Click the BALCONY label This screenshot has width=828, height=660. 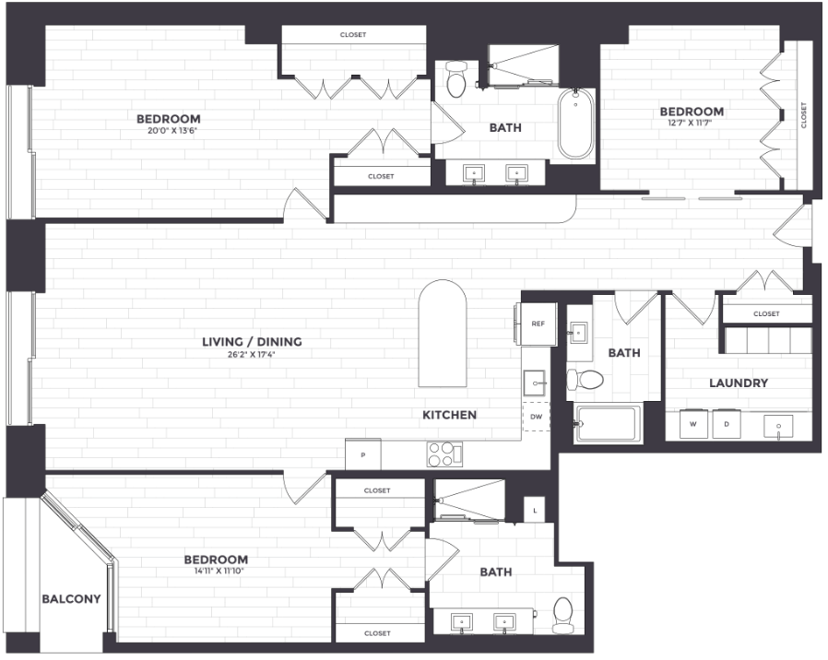click(x=71, y=599)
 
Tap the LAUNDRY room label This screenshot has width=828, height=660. click(x=738, y=383)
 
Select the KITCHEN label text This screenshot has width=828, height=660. click(x=449, y=415)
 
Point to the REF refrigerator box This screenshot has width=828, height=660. click(x=538, y=324)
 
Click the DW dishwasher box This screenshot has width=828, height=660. click(x=536, y=418)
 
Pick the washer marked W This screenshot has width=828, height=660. click(x=693, y=425)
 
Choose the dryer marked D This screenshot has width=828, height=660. click(x=726, y=425)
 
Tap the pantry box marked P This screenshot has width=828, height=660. click(x=362, y=454)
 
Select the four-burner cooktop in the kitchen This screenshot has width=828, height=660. click(x=444, y=454)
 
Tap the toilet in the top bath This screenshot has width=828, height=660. click(x=455, y=82)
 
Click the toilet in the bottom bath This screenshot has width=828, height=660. click(x=562, y=615)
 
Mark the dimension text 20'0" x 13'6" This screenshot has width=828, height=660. click(x=169, y=131)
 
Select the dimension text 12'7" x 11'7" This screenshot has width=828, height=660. click(x=691, y=124)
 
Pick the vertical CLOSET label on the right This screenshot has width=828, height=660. click(x=803, y=115)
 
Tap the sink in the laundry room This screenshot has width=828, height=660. click(x=779, y=426)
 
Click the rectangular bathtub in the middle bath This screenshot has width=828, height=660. click(x=607, y=424)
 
